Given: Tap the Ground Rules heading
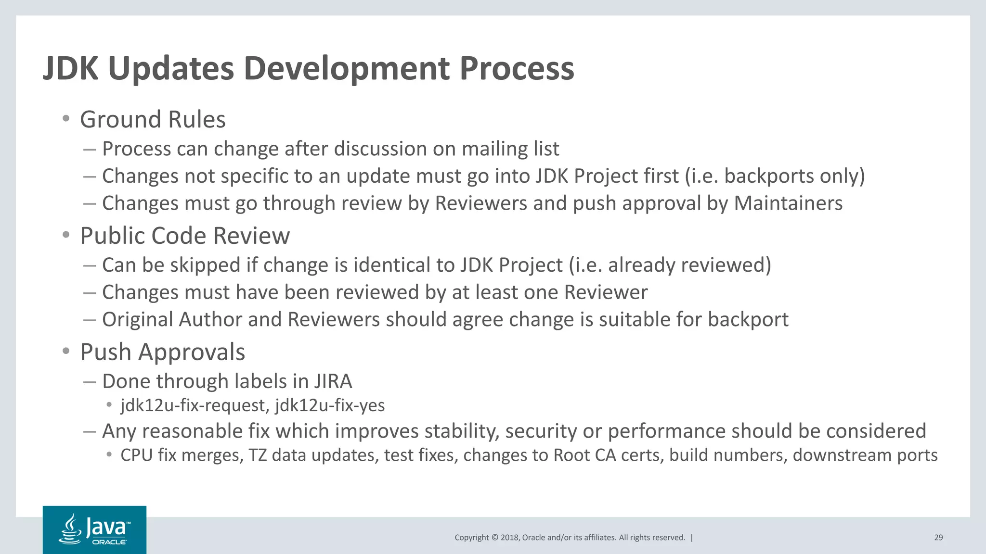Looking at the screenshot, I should [x=153, y=119].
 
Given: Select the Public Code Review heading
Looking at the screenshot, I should [x=185, y=236].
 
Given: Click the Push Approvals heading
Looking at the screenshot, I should [x=162, y=352].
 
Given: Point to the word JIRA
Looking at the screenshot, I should [x=333, y=381].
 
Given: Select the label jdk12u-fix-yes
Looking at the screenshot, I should [x=330, y=405].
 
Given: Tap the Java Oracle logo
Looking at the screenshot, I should [x=94, y=529].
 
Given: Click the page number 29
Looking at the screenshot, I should [x=938, y=538].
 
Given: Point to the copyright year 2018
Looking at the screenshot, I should [x=509, y=538].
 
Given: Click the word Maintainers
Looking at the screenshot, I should [x=788, y=203].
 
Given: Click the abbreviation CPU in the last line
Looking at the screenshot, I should [x=136, y=455].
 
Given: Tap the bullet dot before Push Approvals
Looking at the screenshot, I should [x=66, y=352].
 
